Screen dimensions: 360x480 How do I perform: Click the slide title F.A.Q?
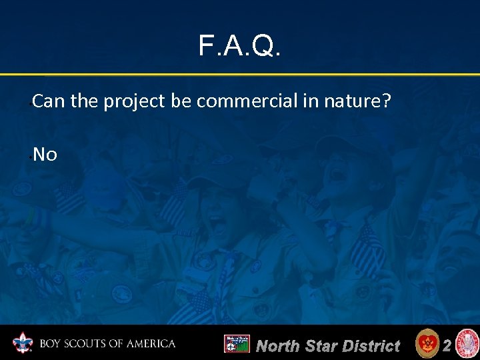pos(240,46)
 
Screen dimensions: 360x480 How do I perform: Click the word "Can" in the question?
pos(45,101)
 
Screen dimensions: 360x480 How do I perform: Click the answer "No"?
pos(45,155)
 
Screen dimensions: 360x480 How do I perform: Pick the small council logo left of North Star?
pos(236,344)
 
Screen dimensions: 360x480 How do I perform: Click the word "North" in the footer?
pos(279,345)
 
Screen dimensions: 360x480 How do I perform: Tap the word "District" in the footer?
pos(370,345)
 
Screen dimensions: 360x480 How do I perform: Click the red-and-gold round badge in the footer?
pos(427,344)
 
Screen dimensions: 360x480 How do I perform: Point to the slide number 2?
pos(447,345)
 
